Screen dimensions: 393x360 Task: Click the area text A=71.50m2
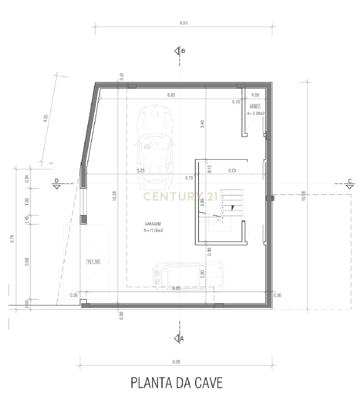click(x=154, y=230)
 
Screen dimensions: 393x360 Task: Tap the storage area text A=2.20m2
click(x=255, y=114)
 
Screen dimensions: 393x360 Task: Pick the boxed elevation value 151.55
click(x=94, y=262)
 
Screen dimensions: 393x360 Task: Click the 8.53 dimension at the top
click(x=183, y=22)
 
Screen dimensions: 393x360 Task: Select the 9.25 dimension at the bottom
click(x=176, y=361)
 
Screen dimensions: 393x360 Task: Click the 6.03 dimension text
click(x=171, y=95)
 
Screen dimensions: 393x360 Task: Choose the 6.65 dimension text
click(x=176, y=288)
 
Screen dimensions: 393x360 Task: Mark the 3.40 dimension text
click(x=202, y=124)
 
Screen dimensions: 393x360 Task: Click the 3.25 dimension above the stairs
click(x=232, y=171)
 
